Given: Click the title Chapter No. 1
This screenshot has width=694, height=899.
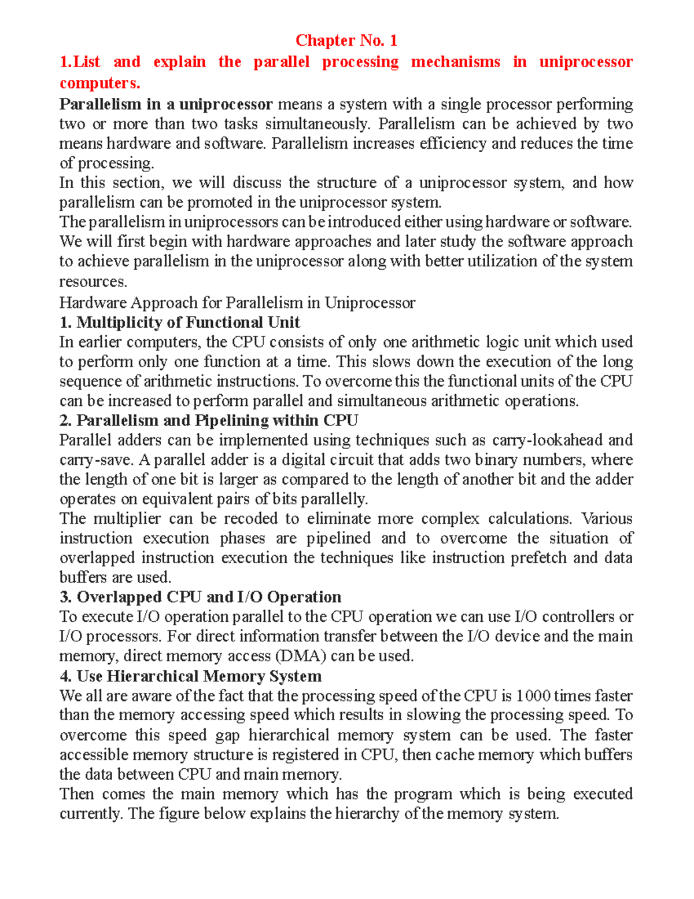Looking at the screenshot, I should [x=346, y=41].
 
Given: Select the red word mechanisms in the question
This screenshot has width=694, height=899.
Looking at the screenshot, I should [x=455, y=62].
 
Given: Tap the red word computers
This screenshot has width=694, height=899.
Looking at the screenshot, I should [x=99, y=83].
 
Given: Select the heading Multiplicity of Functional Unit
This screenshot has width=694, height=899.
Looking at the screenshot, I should [x=187, y=322].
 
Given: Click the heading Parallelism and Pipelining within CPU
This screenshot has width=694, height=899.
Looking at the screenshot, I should [x=217, y=420].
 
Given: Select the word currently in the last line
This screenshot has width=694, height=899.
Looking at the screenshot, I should [x=91, y=814].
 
